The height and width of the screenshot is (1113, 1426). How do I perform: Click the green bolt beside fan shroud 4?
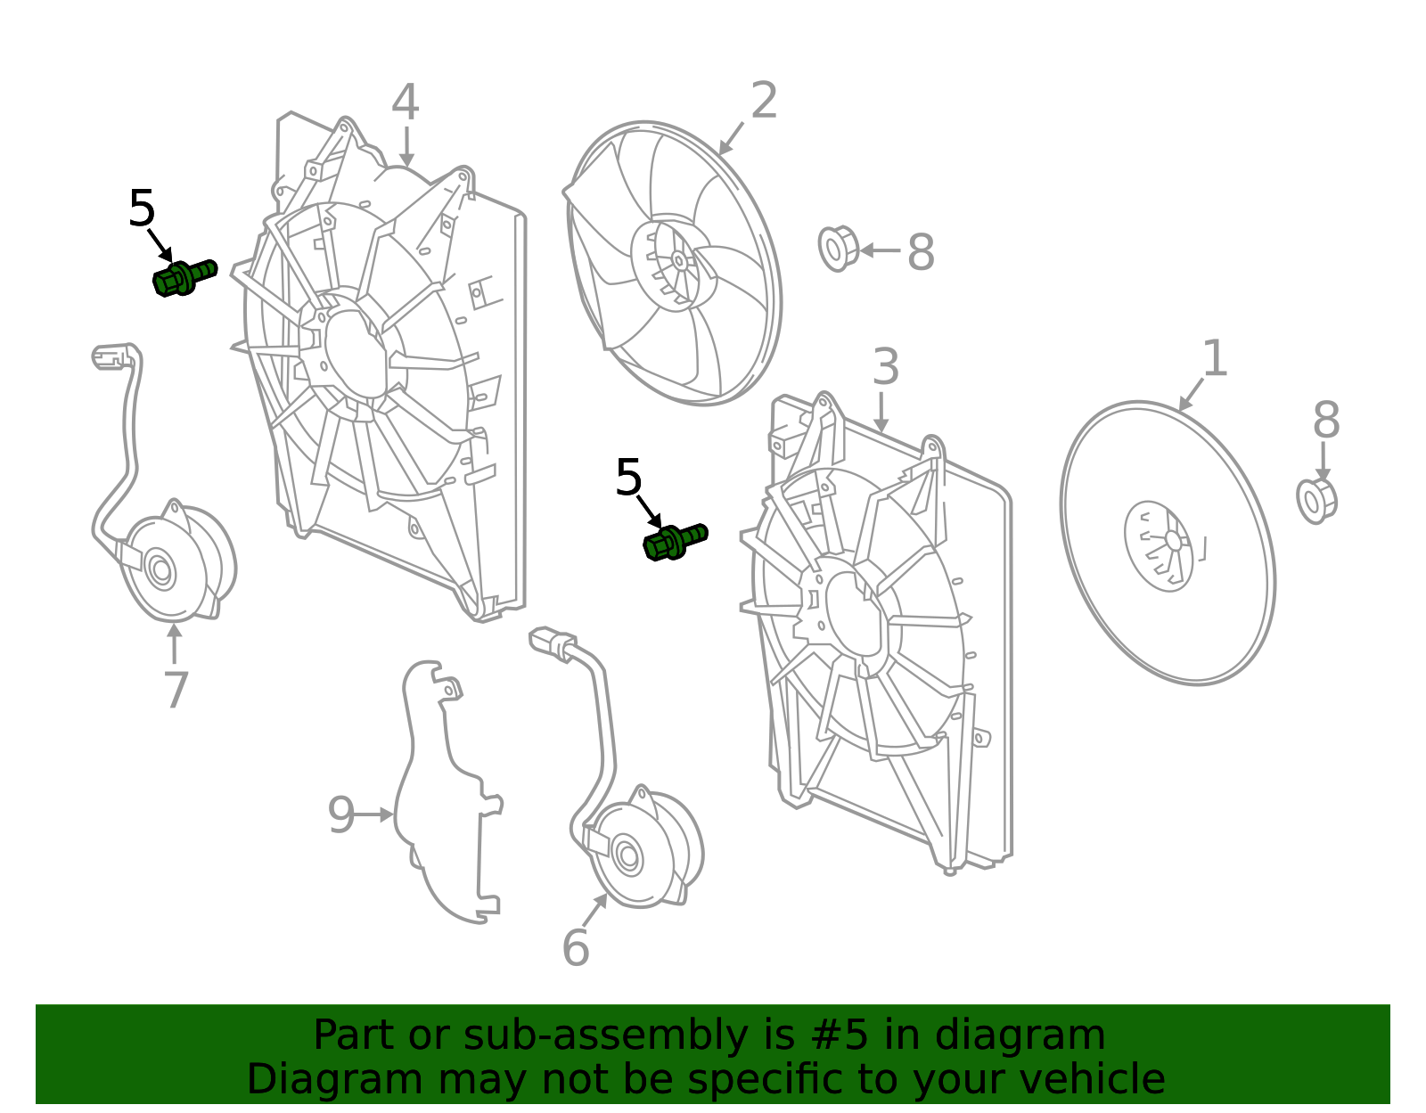183,277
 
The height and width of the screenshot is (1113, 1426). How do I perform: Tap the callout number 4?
406,103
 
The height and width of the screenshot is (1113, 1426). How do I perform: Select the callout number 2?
764,101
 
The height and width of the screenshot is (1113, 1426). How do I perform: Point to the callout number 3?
885,367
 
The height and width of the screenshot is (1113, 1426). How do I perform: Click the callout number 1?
1214,358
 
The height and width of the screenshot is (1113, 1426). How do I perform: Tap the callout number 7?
176,690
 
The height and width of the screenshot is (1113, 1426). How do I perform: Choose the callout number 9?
340,814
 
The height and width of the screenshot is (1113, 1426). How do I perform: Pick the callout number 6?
576,947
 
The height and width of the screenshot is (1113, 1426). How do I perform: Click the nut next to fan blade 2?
838,249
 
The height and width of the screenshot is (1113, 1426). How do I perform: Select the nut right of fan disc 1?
1315,501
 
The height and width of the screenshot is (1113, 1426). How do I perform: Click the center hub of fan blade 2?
678,261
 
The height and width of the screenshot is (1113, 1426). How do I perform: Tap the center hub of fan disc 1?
1171,541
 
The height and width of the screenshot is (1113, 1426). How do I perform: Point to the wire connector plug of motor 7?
107,357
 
